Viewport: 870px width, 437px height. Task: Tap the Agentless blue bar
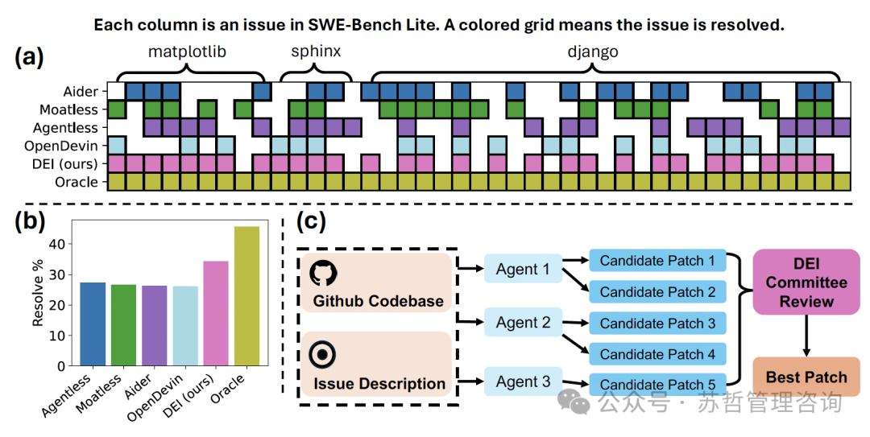[93, 324]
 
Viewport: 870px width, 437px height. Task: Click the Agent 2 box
[523, 323]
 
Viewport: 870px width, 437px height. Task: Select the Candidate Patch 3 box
[657, 324]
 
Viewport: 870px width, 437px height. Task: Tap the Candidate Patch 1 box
[657, 261]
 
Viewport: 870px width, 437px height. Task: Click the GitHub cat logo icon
[324, 272]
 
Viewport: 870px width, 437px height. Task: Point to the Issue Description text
[379, 384]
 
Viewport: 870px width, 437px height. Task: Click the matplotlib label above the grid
[188, 52]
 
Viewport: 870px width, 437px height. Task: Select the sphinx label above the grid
[316, 52]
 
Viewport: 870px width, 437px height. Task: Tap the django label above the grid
[593, 52]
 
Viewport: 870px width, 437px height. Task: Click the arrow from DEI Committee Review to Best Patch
[806, 337]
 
